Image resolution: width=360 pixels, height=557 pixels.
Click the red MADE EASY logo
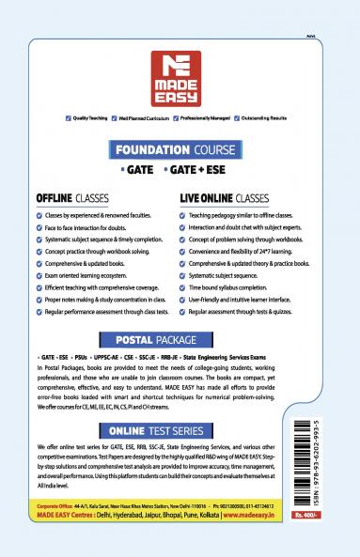(x=180, y=78)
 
